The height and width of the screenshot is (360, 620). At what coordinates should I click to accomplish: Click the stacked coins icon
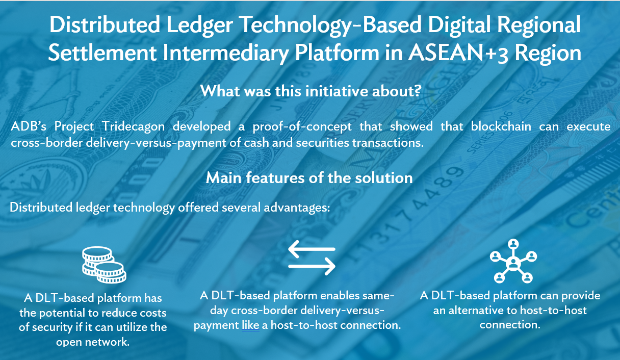104,264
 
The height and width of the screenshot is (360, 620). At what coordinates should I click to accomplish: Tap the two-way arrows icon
312,258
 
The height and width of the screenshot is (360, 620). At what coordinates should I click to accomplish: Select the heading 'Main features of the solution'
309,177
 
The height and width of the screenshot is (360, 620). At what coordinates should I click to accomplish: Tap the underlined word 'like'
250,325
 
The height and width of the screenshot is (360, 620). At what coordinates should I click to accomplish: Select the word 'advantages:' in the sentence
301,208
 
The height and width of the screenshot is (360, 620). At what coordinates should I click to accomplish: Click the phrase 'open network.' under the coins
93,342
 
